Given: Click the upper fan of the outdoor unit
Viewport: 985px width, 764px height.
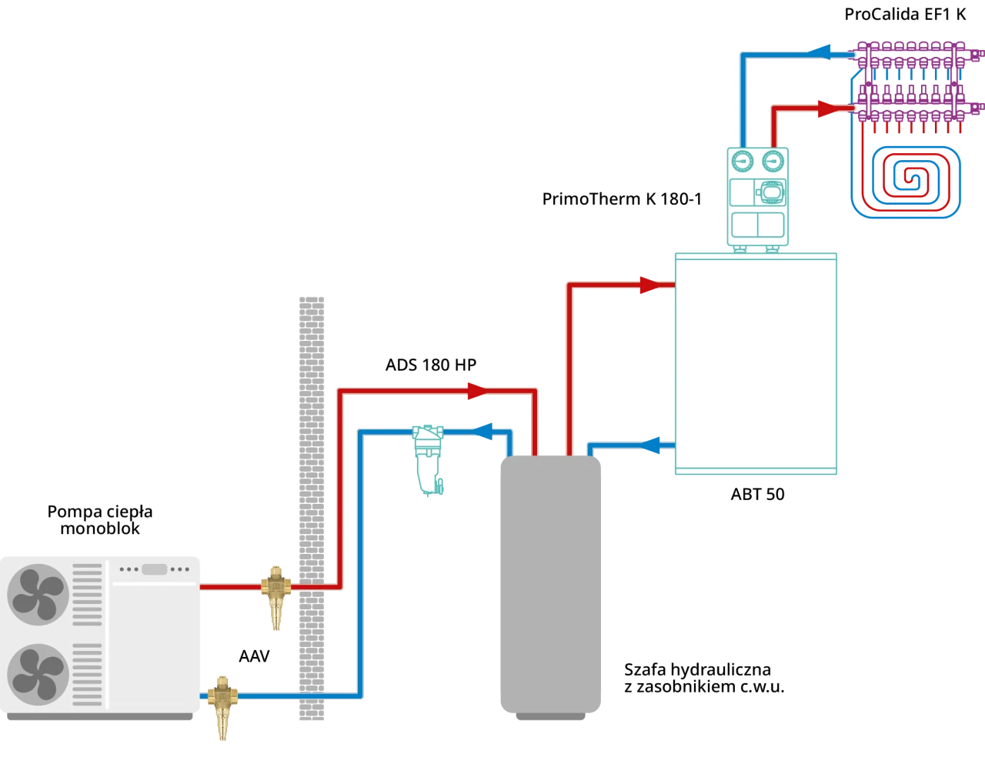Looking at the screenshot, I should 38,593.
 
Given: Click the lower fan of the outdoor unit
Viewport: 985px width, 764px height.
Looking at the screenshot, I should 38,674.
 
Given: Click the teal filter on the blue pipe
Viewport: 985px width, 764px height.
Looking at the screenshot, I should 428,459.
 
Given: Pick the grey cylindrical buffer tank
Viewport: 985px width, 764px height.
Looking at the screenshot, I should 550,585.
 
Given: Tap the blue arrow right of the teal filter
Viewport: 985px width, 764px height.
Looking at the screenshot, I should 482,432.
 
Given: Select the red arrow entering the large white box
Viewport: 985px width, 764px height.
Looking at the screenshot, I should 646,285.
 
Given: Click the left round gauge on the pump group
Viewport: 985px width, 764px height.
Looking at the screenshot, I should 743,162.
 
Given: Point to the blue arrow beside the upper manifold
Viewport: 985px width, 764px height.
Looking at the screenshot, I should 820,52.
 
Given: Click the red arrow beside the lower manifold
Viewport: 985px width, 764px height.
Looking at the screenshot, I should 826,110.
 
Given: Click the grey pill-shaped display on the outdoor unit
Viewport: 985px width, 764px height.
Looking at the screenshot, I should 154,569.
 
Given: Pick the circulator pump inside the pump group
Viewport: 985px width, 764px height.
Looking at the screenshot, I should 770,194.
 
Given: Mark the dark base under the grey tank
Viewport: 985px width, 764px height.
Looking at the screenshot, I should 549,719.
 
